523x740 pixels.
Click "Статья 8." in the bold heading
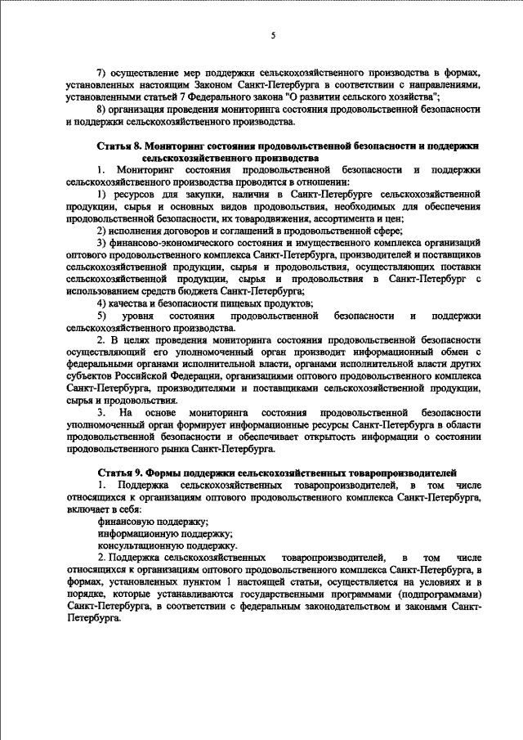point(120,145)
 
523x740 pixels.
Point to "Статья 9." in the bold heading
point(120,473)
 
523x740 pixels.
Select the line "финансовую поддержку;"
point(152,521)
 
